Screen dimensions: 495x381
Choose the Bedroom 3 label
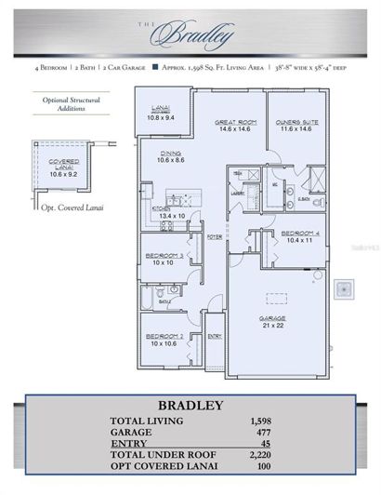point(164,258)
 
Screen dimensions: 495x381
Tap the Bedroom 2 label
point(164,340)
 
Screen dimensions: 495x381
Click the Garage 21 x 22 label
point(272,321)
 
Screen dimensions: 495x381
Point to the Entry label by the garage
point(214,335)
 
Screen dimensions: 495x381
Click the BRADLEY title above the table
point(190,405)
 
